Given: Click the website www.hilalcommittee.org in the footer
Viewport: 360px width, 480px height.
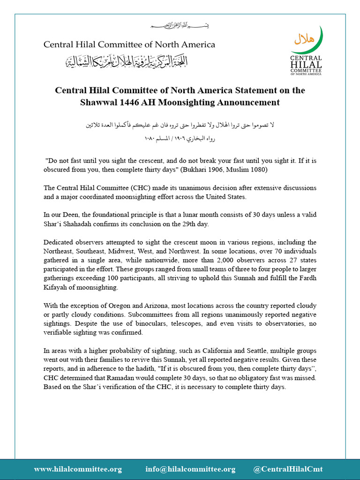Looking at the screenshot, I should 78,469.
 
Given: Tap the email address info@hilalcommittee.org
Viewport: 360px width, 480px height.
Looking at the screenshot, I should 190,469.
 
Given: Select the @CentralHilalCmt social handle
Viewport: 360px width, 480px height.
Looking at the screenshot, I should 288,469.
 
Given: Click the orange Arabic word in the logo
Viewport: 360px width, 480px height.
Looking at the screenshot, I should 303,39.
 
